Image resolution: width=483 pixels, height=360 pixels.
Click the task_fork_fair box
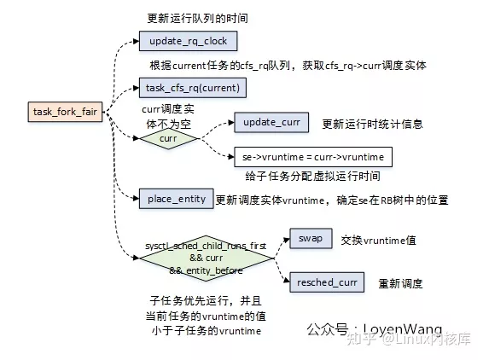65,112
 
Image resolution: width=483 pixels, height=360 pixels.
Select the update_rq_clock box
187,41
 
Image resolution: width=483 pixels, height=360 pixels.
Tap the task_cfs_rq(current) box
193,87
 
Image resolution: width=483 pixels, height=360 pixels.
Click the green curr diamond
167,138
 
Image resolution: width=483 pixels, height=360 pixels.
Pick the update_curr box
271,123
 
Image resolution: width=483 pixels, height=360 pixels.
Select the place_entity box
177,199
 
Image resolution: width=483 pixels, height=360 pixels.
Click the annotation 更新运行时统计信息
372,125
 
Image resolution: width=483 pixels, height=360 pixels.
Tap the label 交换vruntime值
378,241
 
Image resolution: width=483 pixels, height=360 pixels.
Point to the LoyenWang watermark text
375,328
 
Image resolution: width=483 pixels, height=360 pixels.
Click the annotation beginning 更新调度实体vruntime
332,200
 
